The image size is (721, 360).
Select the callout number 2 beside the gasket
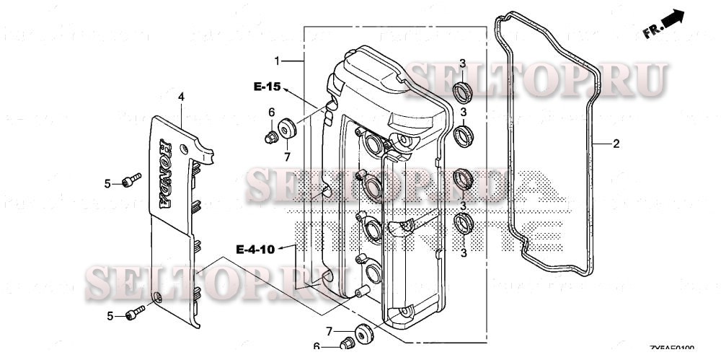click(616, 144)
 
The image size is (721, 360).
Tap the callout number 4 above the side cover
click(181, 96)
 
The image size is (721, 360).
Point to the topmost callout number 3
click(464, 63)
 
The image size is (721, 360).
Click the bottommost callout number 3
click(464, 253)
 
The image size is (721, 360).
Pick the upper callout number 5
click(107, 184)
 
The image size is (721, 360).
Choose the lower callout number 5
click(111, 315)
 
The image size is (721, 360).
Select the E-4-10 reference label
click(256, 250)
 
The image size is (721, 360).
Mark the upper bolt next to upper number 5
click(129, 180)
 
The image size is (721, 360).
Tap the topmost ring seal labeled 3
click(462, 91)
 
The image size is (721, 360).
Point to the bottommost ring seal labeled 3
click(463, 224)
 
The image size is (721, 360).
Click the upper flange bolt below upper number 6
click(272, 137)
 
